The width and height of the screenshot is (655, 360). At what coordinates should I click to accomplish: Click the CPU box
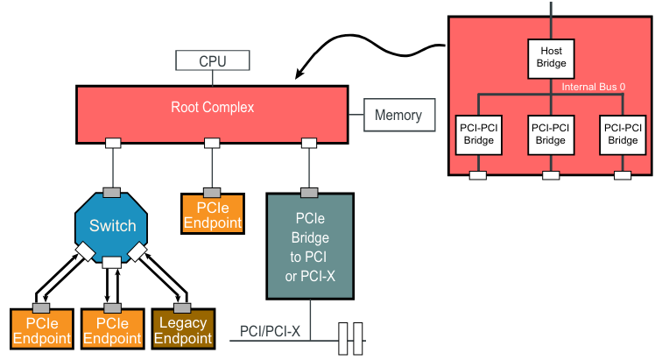(x=213, y=61)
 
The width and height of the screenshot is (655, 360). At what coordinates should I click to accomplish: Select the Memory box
(x=398, y=115)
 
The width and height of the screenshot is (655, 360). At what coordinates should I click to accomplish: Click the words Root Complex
(x=212, y=108)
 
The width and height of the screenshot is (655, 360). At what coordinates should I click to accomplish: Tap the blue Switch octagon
(x=112, y=226)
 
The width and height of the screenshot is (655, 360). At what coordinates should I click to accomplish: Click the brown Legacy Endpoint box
(x=183, y=330)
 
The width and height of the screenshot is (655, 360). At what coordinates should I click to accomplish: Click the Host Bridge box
(x=551, y=57)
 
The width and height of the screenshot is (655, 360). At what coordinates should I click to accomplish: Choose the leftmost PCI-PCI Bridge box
(x=479, y=134)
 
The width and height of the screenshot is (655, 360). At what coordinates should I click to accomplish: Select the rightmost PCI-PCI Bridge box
(x=623, y=134)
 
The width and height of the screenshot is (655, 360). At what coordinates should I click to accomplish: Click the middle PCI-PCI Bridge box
(x=551, y=134)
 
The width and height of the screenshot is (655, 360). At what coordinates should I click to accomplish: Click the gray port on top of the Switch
(x=112, y=192)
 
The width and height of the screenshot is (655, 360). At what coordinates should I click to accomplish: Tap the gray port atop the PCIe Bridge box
(x=309, y=193)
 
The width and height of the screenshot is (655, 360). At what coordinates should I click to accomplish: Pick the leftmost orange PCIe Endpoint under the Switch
(x=40, y=330)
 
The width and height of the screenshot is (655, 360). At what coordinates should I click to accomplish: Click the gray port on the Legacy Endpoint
(x=183, y=307)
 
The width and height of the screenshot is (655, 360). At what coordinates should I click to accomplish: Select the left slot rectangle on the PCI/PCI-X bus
(x=343, y=338)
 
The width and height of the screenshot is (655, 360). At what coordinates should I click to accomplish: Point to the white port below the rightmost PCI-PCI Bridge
(x=623, y=175)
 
